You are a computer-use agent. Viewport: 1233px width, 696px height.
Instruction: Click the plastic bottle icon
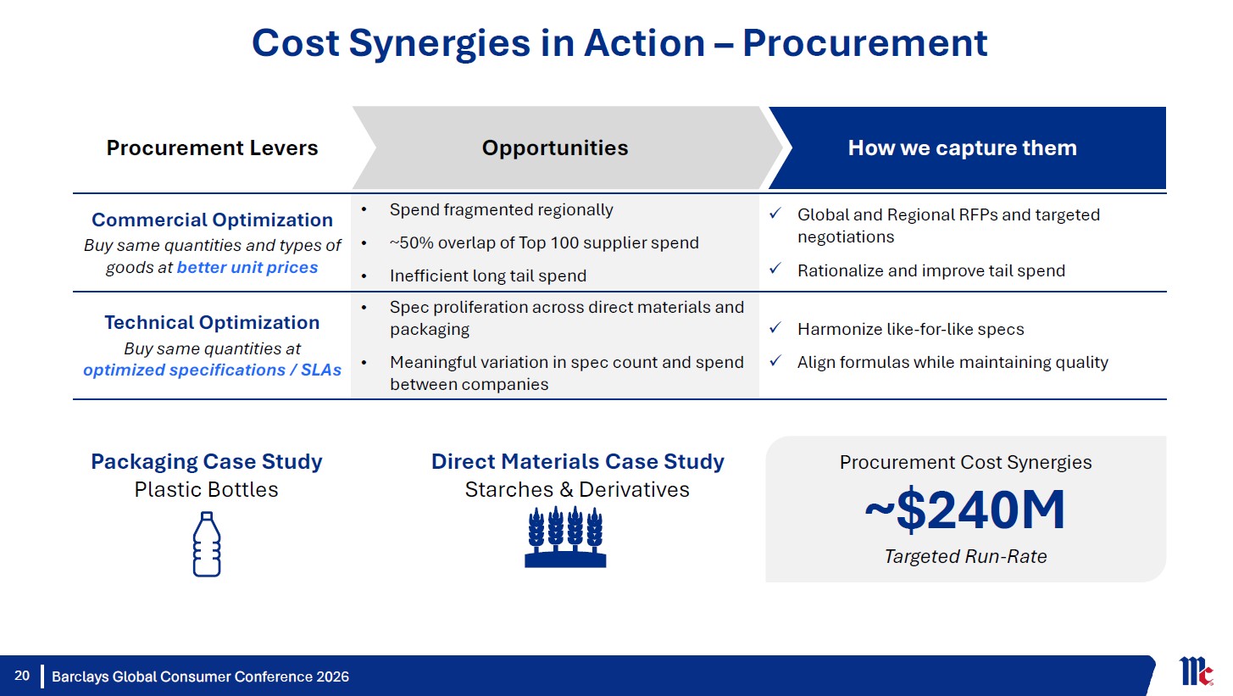[207, 544]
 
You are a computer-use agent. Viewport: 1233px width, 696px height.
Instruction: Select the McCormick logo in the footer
[1196, 671]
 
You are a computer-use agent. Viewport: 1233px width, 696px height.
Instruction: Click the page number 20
[22, 676]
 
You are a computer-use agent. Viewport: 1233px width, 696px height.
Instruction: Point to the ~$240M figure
[965, 510]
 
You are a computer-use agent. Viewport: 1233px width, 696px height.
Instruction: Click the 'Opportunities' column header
[555, 148]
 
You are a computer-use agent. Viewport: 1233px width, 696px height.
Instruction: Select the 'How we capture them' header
[962, 148]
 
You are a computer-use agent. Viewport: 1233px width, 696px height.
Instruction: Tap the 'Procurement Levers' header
[212, 148]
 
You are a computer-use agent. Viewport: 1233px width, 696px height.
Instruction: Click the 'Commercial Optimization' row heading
[212, 220]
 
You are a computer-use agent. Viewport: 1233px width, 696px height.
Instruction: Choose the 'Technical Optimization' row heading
[212, 322]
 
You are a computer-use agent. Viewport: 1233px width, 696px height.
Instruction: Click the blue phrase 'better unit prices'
[247, 267]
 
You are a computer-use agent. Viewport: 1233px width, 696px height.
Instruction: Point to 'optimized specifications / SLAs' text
[212, 370]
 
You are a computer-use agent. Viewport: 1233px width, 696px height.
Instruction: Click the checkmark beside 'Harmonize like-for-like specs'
[775, 328]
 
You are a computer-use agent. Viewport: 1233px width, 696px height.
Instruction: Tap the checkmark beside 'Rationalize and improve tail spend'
[775, 269]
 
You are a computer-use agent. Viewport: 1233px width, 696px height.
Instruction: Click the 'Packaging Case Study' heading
[207, 461]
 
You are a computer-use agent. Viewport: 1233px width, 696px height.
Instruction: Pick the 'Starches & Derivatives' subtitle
[577, 489]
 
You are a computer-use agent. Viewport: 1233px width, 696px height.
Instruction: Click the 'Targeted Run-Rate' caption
[965, 556]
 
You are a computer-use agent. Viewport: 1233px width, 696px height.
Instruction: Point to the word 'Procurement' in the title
[864, 43]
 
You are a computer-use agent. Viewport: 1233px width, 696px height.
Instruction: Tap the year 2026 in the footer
[332, 677]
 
